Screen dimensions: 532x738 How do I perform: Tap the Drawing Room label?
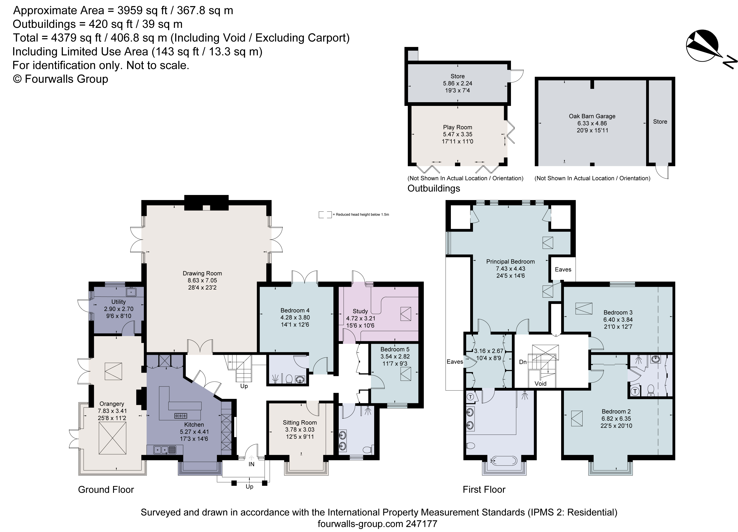pyautogui.click(x=202, y=273)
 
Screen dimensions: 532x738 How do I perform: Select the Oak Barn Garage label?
pyautogui.click(x=592, y=116)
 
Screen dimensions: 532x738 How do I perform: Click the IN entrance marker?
pyautogui.click(x=251, y=464)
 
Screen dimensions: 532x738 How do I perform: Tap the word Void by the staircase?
pyautogui.click(x=540, y=384)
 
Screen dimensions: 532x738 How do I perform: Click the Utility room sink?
pyautogui.click(x=132, y=292)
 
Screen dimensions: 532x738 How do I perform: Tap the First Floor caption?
pyautogui.click(x=484, y=490)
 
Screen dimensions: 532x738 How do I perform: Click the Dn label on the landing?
pyautogui.click(x=523, y=362)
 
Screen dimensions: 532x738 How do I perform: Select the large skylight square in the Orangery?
pyautogui.click(x=112, y=440)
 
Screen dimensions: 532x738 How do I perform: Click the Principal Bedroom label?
pyautogui.click(x=510, y=262)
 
